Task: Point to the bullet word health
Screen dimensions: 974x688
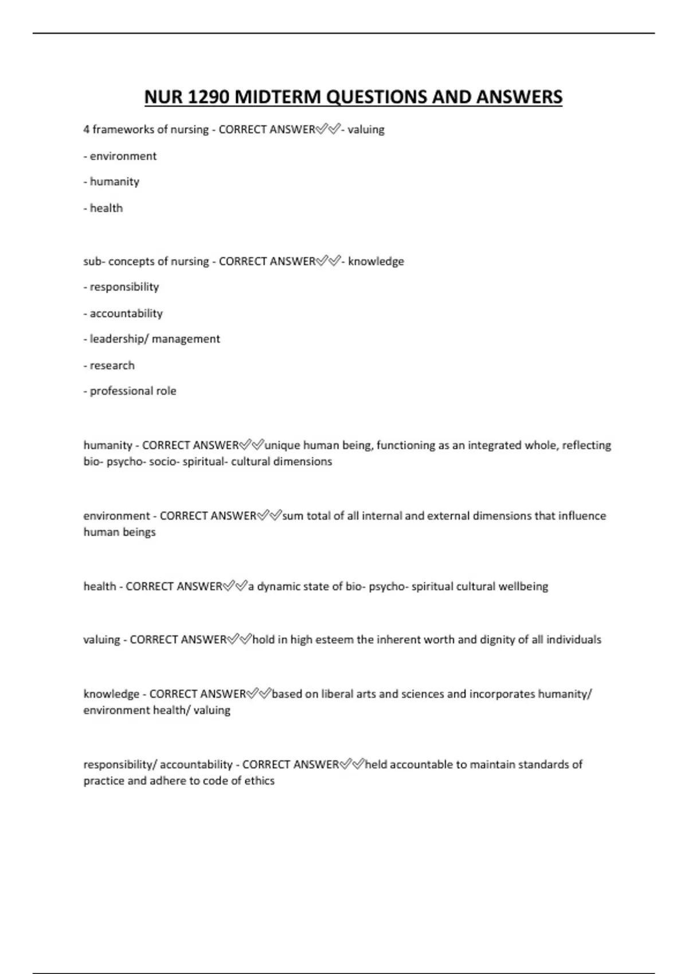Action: point(106,208)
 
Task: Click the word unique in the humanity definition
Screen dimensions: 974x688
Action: point(282,445)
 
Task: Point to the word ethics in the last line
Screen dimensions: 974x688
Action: point(259,781)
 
